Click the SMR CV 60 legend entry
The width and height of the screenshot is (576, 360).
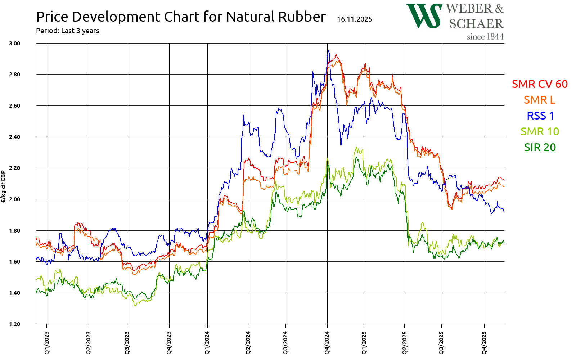[x=540, y=84]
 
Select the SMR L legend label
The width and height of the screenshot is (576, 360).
[x=540, y=100]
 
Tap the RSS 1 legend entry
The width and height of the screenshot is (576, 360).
[x=540, y=116]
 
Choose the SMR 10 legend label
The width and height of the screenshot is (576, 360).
[x=540, y=131]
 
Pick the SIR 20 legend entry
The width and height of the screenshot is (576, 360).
[x=540, y=147]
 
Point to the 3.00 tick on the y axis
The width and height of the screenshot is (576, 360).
[x=14, y=43]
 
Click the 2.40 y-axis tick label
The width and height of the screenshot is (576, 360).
[x=14, y=137]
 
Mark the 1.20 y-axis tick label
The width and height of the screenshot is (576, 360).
[x=14, y=324]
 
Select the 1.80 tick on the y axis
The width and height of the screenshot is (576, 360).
[x=14, y=230]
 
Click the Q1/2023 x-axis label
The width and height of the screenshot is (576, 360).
[x=47, y=343]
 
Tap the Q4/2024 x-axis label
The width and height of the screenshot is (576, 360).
[x=327, y=343]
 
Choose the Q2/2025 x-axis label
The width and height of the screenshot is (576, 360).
[x=405, y=343]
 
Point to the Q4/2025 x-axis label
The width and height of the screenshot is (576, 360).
[x=484, y=343]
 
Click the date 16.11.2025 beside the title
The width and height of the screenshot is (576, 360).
[x=355, y=19]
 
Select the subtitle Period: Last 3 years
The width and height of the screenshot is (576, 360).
[x=67, y=31]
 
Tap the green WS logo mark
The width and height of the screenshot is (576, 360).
[x=424, y=16]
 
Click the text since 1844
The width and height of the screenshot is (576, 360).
[x=485, y=37]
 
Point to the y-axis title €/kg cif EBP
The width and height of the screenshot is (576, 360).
[x=4, y=186]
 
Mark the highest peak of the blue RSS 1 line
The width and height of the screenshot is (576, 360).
[x=328, y=51]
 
